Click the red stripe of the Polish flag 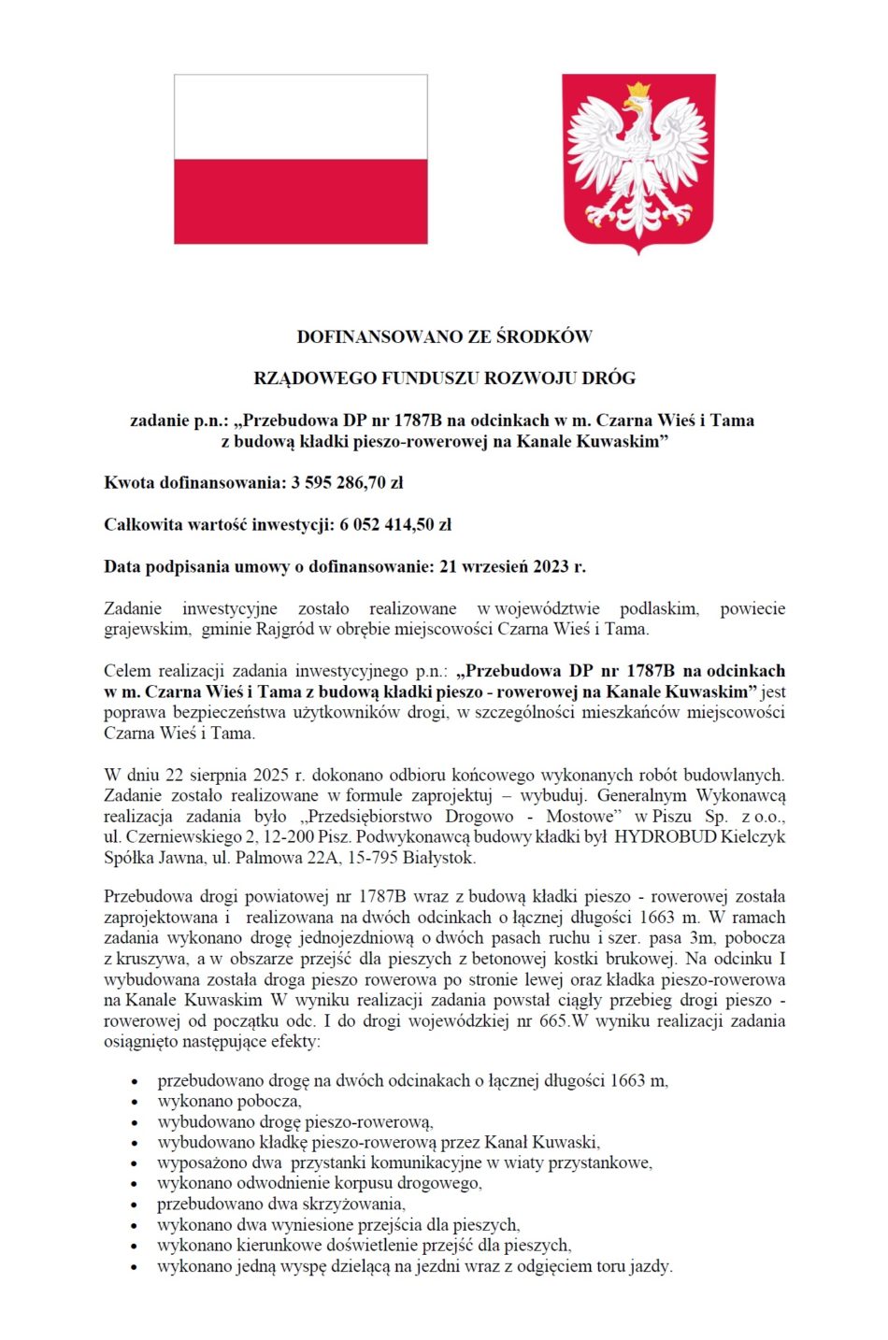[x=300, y=201]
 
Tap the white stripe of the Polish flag [x=300, y=117]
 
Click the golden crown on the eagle [x=638, y=90]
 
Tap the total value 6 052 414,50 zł [x=395, y=525]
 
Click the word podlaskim [x=659, y=608]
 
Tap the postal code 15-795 [x=375, y=857]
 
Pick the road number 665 [x=553, y=1020]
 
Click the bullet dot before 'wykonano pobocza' [x=135, y=1103]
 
